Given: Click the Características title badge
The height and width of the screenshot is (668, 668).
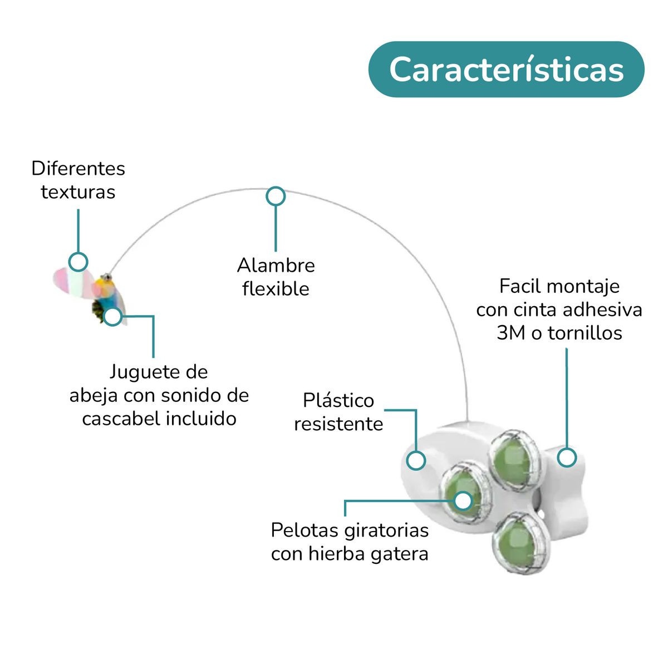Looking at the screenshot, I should (x=506, y=70).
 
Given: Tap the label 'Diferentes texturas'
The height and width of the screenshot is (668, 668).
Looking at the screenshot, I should (x=78, y=180).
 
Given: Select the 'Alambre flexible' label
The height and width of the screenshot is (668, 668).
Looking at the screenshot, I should (x=276, y=277).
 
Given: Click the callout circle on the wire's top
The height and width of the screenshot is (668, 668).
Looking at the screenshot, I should (x=276, y=196).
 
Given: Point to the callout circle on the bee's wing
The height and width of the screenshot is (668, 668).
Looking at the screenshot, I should (x=78, y=261).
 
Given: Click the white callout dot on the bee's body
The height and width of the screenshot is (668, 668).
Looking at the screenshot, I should (x=113, y=316).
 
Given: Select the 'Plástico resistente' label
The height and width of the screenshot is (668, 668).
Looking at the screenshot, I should (x=338, y=412).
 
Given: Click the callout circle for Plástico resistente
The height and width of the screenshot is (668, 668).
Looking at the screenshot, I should (x=416, y=460).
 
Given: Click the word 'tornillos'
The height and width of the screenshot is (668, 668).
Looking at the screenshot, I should (x=585, y=333).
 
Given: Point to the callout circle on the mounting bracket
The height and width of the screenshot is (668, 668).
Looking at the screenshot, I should (x=567, y=458).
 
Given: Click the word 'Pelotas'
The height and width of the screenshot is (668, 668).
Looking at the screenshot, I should (x=304, y=530).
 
